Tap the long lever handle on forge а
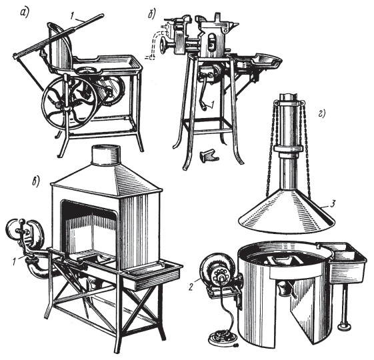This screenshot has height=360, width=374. tap(60, 34)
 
